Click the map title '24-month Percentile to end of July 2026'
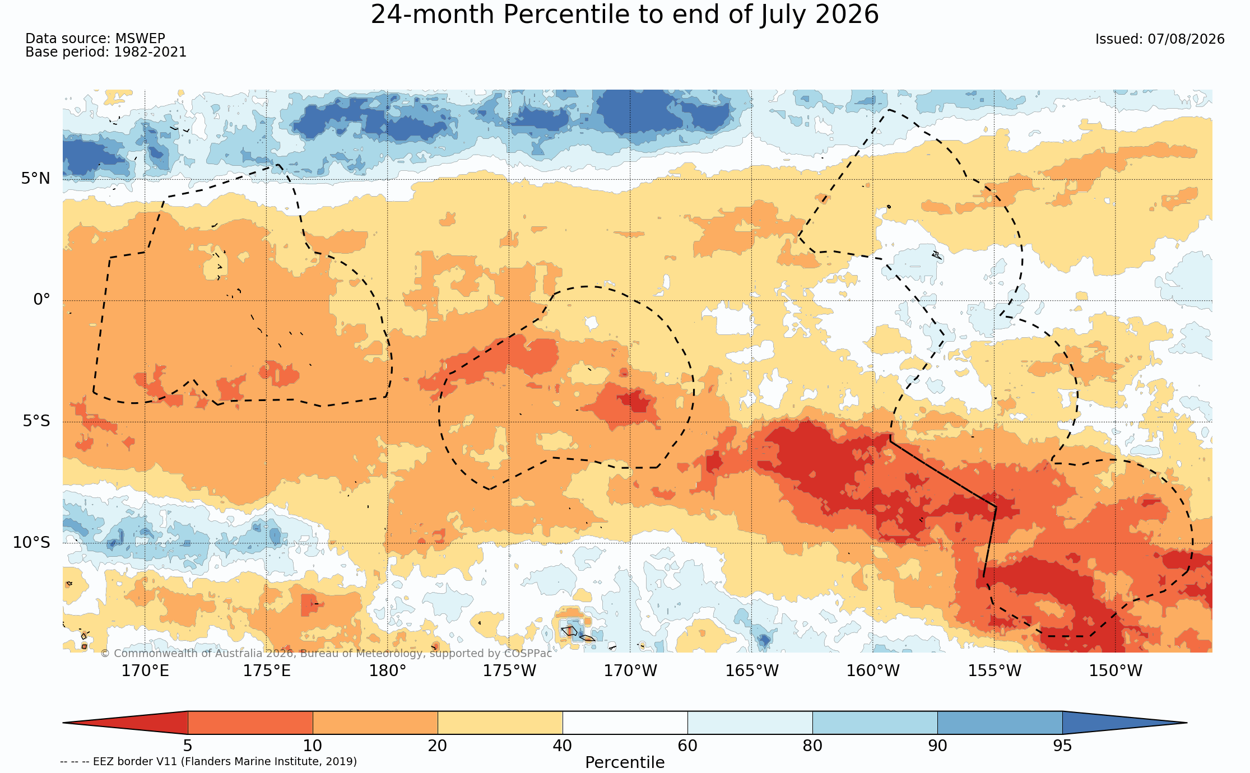click(625, 15)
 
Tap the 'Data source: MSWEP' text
click(95, 39)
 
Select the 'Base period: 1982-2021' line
click(106, 52)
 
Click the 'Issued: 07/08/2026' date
click(1160, 39)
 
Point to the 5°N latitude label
click(36, 179)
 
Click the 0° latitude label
click(41, 300)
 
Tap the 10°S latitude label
click(31, 542)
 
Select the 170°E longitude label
click(145, 670)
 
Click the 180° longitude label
click(388, 670)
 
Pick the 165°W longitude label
click(752, 670)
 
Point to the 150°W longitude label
click(1115, 670)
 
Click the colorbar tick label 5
click(188, 746)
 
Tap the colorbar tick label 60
click(687, 746)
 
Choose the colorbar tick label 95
click(1062, 746)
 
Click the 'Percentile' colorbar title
click(625, 762)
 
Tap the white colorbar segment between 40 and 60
click(625, 723)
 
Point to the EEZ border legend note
click(208, 761)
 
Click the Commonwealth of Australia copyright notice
click(326, 653)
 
